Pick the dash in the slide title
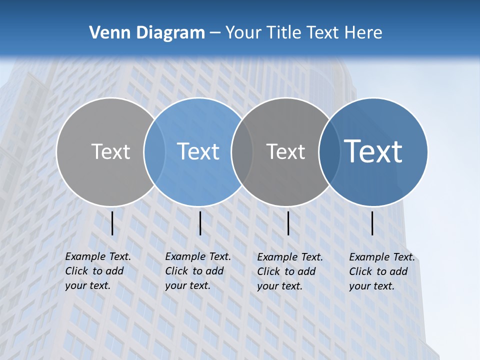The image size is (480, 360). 215,33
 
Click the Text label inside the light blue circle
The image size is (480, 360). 198,151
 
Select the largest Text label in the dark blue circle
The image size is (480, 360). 373,151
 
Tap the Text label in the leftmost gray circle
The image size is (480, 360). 110,151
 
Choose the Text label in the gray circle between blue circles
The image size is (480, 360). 285,151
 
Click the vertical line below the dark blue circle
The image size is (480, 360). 372,223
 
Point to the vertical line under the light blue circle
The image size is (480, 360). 200,223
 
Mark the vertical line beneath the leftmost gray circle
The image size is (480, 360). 112,223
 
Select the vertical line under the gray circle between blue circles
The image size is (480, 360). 288,223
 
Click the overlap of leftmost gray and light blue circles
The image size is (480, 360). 154,151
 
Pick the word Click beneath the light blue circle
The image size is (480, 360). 176,271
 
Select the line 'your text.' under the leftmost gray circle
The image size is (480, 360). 87,285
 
